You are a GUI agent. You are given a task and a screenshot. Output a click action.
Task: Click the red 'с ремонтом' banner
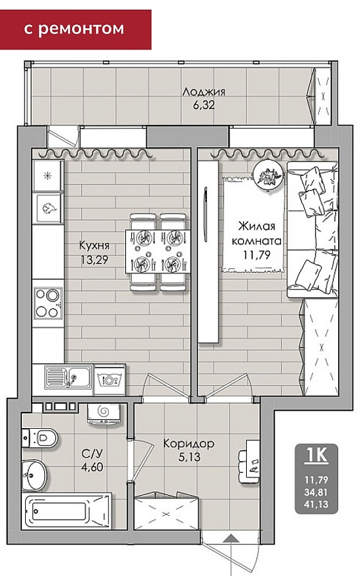point(75,30)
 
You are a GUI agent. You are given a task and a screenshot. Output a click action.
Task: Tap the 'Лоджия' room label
point(204,92)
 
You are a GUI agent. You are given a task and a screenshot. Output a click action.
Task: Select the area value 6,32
point(204,105)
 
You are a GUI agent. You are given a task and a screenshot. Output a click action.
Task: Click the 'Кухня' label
point(94,246)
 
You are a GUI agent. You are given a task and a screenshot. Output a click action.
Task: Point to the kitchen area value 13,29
point(94,260)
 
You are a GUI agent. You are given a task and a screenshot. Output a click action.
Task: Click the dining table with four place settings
point(157,251)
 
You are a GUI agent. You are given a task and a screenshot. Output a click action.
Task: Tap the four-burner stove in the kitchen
point(48,303)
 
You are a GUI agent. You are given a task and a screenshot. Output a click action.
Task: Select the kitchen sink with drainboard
point(68,377)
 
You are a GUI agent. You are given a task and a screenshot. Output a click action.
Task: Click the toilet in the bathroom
point(40,438)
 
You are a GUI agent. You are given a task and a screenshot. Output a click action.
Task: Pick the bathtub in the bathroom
point(66,511)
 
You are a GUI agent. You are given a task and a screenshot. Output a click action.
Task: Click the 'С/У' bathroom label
point(92,454)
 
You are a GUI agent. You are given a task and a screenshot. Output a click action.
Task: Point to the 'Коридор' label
point(188,444)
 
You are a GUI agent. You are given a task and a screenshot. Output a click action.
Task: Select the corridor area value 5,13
point(190,457)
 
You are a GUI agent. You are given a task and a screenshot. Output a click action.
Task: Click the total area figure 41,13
point(316,505)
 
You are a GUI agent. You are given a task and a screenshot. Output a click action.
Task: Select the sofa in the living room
point(312,230)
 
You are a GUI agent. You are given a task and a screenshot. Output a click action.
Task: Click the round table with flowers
point(269,175)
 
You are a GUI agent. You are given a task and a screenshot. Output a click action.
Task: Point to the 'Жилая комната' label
point(256,233)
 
